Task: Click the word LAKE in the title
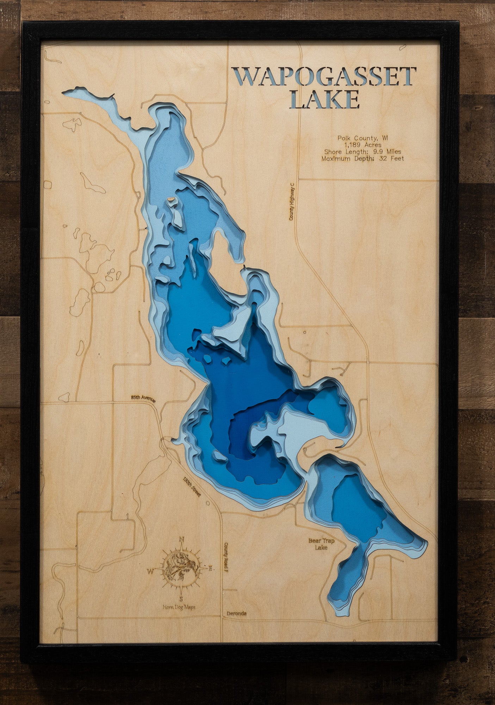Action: coord(326,99)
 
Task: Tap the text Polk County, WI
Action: coord(363,138)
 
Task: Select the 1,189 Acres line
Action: coord(363,145)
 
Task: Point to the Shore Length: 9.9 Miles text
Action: coord(363,152)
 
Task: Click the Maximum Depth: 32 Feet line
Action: coord(363,159)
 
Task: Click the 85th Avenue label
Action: coord(141,397)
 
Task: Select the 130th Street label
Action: coord(192,487)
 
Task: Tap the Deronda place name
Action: coord(236,614)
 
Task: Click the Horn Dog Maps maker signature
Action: coord(179,607)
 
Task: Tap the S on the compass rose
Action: coord(181,599)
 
